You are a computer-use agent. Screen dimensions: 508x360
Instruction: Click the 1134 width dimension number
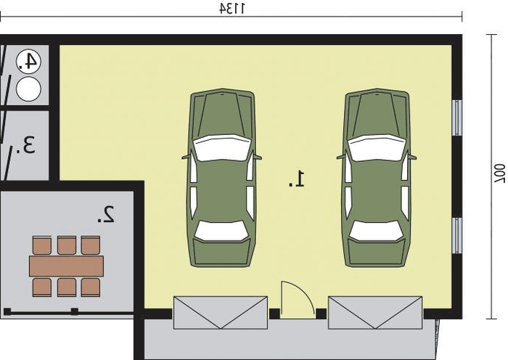click(232, 9)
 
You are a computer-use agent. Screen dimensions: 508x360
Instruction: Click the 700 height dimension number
click(499, 173)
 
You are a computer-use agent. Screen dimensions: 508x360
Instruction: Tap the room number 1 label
click(297, 179)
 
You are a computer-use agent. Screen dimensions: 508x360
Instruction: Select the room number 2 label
click(106, 214)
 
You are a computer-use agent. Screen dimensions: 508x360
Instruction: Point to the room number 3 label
click(25, 145)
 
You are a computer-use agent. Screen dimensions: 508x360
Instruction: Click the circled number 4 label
click(28, 62)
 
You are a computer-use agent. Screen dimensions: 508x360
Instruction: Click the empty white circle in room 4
click(28, 89)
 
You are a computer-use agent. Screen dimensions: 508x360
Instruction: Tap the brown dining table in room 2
click(67, 266)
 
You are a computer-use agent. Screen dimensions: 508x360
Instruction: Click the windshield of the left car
click(222, 148)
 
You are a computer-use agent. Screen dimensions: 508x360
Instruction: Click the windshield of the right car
click(377, 148)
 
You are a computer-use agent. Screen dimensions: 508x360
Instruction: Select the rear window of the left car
click(221, 231)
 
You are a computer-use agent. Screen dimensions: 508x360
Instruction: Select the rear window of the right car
click(376, 231)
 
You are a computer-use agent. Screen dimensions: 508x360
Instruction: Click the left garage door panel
click(221, 313)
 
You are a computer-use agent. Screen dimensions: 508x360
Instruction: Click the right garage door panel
click(375, 313)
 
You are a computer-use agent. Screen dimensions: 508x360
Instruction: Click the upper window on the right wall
click(456, 118)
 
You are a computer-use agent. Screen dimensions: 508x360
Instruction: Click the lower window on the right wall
click(456, 236)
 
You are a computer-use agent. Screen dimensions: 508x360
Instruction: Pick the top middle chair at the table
click(67, 245)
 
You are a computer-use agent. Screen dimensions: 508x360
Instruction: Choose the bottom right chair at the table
click(91, 287)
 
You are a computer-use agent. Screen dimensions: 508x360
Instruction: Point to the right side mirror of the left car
click(257, 157)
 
